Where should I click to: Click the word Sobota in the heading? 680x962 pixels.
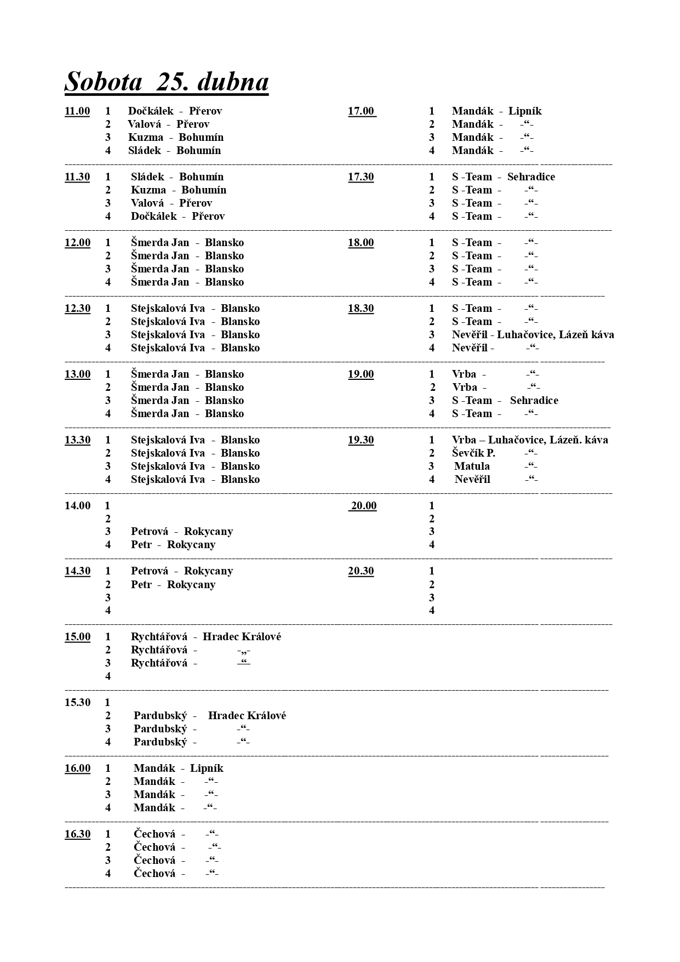104,82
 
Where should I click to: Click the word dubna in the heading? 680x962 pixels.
233,82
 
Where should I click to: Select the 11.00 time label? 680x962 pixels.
77,111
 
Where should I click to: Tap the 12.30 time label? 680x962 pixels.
77,309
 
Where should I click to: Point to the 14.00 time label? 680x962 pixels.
77,506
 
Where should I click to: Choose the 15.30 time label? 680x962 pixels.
77,703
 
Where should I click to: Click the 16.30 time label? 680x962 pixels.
77,834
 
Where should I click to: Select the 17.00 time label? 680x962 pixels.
361,111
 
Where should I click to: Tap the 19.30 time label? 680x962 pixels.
361,440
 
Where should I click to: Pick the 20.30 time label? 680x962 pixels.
361,571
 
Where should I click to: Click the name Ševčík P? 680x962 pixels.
473,453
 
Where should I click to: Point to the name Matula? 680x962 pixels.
472,466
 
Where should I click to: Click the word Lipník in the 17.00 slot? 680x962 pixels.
525,111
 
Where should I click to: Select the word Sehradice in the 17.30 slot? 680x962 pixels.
531,177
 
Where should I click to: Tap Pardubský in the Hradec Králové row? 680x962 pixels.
160,716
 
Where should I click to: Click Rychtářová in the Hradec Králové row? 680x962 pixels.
159,637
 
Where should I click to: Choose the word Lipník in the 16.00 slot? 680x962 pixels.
207,769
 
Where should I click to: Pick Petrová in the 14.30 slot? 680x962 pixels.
150,571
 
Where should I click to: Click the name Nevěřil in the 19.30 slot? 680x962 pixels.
472,480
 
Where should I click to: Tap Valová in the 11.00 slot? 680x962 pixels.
144,124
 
